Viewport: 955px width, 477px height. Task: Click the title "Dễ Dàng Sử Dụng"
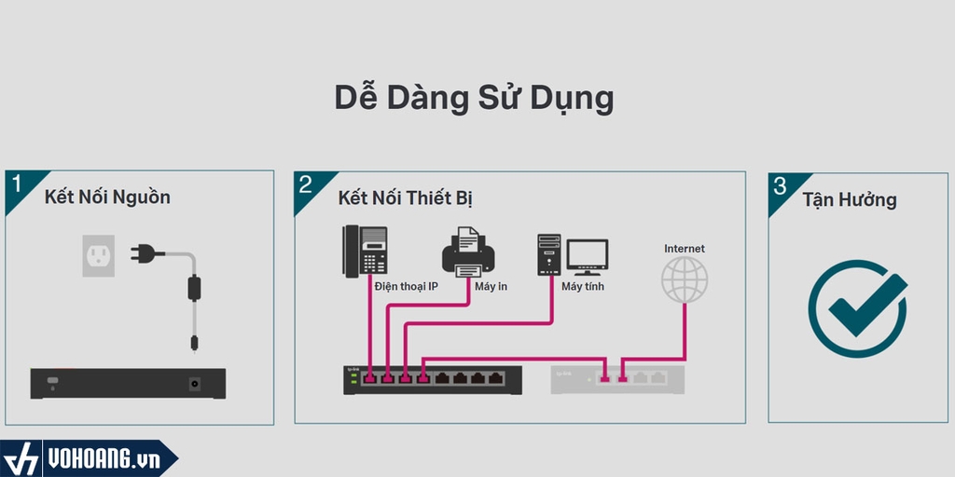(x=474, y=98)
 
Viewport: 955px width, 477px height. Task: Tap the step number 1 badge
(x=17, y=184)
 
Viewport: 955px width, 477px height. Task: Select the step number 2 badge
(x=306, y=184)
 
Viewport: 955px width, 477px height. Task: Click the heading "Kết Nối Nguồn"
(x=107, y=198)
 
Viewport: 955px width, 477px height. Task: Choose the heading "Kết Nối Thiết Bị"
(x=407, y=199)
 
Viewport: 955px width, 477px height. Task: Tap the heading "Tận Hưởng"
(x=850, y=199)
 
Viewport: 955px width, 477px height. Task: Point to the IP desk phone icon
(x=366, y=251)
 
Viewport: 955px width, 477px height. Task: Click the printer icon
(x=468, y=252)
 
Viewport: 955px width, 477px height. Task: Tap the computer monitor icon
(x=588, y=255)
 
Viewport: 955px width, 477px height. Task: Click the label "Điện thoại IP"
(x=407, y=286)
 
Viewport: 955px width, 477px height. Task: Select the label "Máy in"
(x=491, y=286)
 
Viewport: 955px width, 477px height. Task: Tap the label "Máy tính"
(x=583, y=286)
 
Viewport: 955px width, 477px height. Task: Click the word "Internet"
(x=685, y=249)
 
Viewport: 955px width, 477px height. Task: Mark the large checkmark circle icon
(x=857, y=308)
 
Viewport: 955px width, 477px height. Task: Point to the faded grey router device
(x=617, y=378)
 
